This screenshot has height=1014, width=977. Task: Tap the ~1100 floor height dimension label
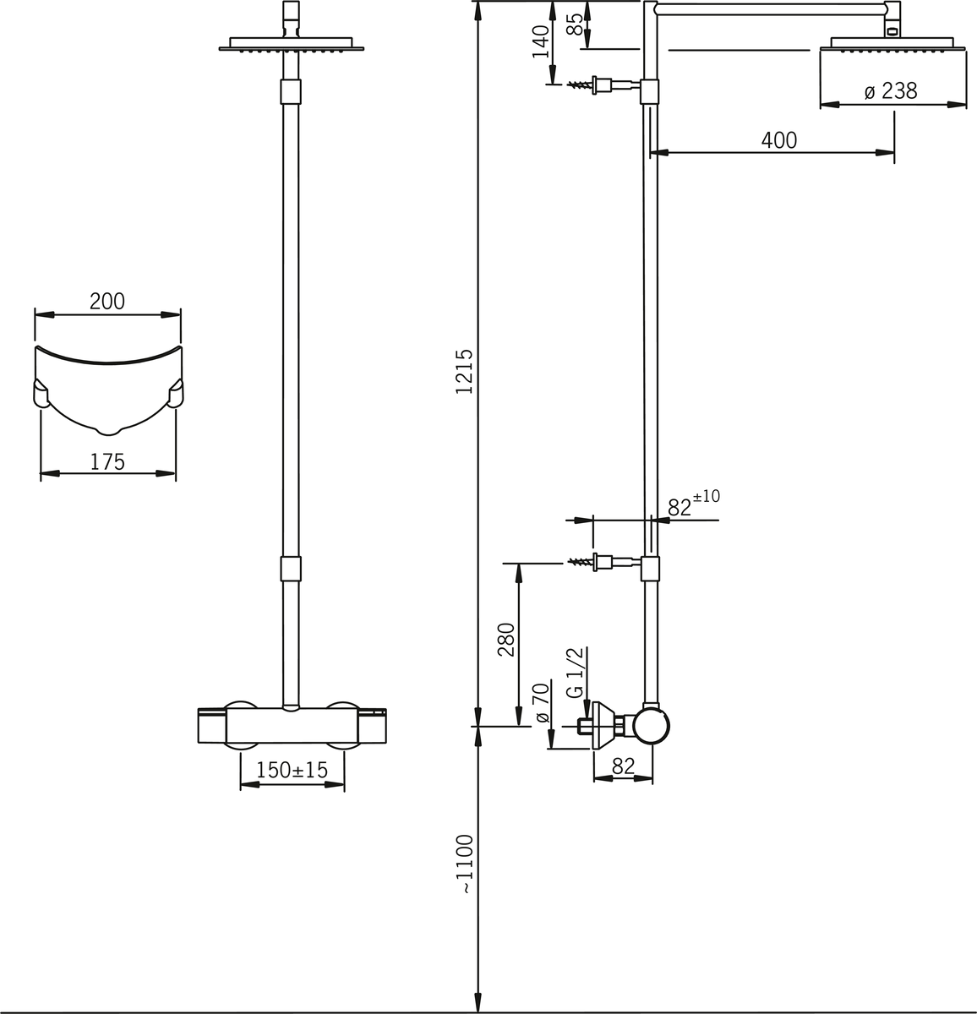(x=464, y=864)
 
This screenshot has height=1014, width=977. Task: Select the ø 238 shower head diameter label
(x=891, y=91)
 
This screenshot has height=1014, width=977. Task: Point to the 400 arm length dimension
(x=778, y=140)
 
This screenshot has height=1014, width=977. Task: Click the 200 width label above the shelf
(x=107, y=301)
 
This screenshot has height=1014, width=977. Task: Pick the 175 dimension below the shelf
(x=107, y=461)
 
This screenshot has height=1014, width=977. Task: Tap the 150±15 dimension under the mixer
(x=292, y=771)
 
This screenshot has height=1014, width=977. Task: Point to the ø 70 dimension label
(x=543, y=703)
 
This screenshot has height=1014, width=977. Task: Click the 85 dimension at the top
(x=576, y=24)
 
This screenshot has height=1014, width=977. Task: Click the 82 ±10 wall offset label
(x=693, y=505)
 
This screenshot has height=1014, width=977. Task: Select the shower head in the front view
(x=289, y=44)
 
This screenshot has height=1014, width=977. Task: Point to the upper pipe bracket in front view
(x=289, y=91)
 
